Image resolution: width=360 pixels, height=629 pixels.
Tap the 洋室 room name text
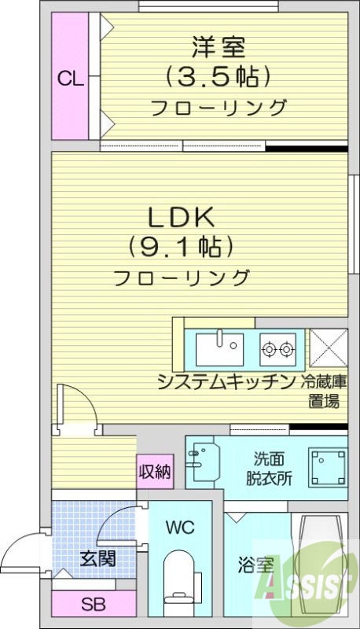point(218,47)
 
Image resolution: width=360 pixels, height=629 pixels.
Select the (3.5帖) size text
point(218,76)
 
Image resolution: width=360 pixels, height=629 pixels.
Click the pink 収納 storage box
point(155,472)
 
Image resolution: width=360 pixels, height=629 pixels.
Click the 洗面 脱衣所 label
point(271,468)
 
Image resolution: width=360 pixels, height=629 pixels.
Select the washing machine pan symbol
point(328,467)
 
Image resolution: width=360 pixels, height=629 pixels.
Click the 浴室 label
point(256,565)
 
